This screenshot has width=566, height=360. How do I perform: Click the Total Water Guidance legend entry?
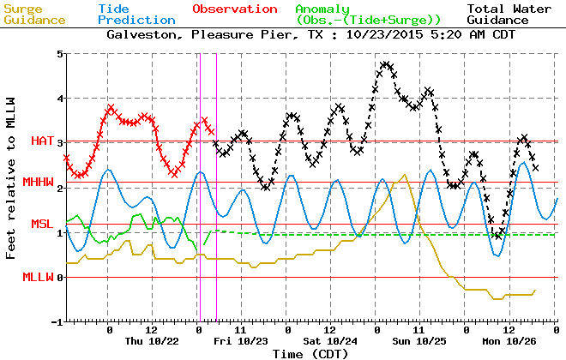tap(509, 14)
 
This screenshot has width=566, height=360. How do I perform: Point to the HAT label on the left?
tap(42, 141)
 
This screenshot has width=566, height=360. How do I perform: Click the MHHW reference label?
tap(39, 182)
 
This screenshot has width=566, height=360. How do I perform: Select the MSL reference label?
tap(42, 224)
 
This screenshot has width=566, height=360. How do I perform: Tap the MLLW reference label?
tap(39, 277)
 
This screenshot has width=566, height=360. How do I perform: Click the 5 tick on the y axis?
tap(57, 54)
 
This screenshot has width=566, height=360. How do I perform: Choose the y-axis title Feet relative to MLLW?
tap(11, 187)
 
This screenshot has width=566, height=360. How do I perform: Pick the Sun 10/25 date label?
tap(420, 341)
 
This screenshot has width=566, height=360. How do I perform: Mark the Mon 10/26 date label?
tap(509, 341)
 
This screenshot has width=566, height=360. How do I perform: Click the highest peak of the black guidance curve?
tap(385, 63)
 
